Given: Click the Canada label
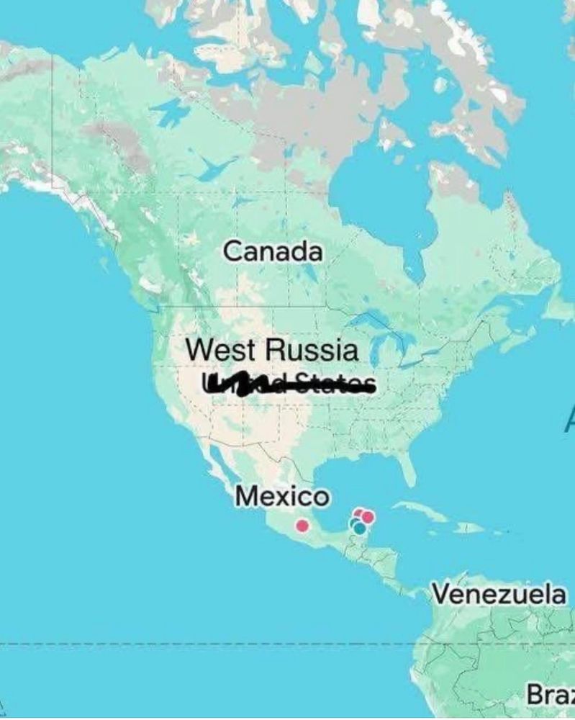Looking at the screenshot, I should coord(273,252).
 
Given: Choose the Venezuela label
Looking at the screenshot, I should coord(499,595).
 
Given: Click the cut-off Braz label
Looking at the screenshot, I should coord(551,696).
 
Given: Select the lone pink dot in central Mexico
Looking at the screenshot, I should coord(303,526).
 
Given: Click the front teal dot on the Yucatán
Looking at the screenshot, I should coord(360,528).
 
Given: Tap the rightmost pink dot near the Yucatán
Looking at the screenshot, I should coord(368,516).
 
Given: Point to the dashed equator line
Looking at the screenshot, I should coord(216,644).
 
